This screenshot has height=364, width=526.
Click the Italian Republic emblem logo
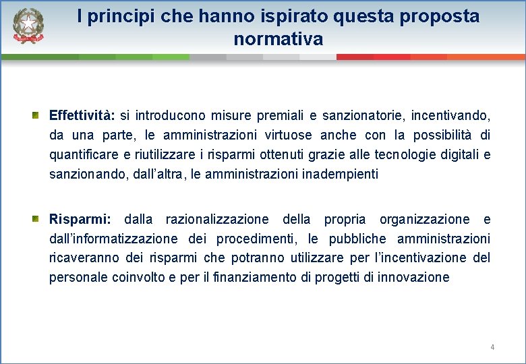(x=28, y=26)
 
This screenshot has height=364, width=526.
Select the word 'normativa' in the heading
(x=278, y=39)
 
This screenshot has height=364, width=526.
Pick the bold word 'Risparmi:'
(x=78, y=219)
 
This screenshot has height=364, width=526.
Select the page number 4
(x=492, y=347)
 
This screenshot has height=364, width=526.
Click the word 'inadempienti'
(x=342, y=175)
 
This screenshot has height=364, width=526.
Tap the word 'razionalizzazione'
(x=217, y=219)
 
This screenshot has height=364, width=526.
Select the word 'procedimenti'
(x=260, y=239)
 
